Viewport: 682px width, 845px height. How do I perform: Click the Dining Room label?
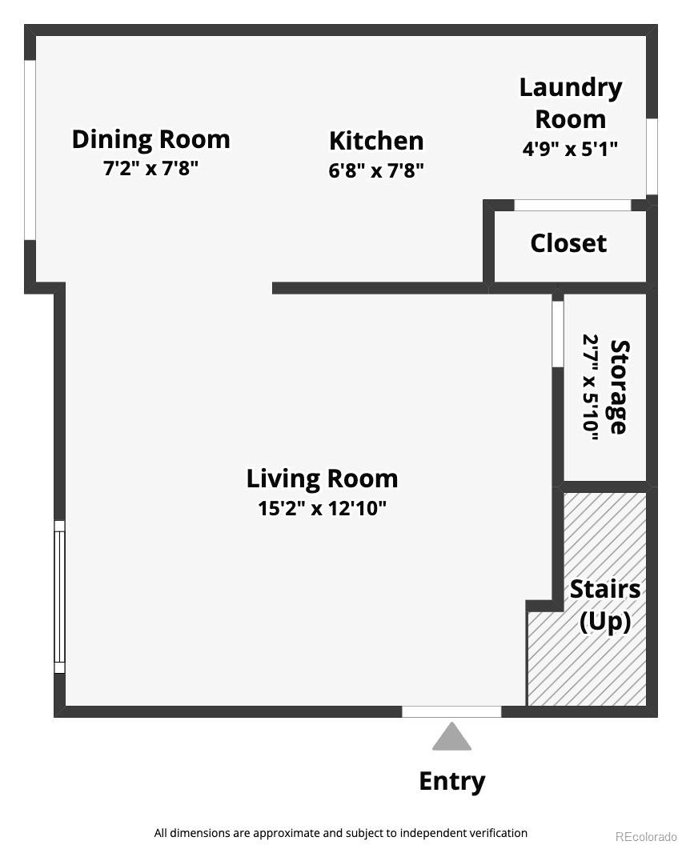pos(150,139)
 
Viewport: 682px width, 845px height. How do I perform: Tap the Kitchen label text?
pos(376,141)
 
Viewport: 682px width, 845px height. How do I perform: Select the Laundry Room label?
pos(570,102)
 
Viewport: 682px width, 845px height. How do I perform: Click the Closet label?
pos(568,243)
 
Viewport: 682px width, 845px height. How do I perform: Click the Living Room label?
pos(322,479)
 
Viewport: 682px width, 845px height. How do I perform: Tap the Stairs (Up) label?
pos(605,605)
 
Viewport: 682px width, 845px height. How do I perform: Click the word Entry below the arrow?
pos(451,781)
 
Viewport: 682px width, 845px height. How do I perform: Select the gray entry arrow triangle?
pos(451,738)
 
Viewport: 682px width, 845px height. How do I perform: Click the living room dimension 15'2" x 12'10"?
pos(322,509)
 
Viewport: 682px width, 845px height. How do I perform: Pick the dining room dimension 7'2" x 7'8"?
pos(150,170)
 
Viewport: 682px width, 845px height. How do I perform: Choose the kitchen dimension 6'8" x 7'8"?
pos(376,170)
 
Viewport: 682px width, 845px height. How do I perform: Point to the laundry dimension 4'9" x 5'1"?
pos(570,150)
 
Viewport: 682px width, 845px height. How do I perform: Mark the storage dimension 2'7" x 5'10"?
pos(591,387)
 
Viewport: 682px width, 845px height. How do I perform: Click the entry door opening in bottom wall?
pos(451,711)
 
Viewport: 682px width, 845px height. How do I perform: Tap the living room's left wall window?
pos(59,597)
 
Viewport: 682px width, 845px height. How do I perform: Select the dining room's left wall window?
pos(30,150)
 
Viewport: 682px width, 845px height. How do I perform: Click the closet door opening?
pos(572,206)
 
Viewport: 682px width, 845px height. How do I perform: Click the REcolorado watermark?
pos(646,837)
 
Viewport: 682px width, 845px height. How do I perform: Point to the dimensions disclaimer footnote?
pos(341,833)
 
